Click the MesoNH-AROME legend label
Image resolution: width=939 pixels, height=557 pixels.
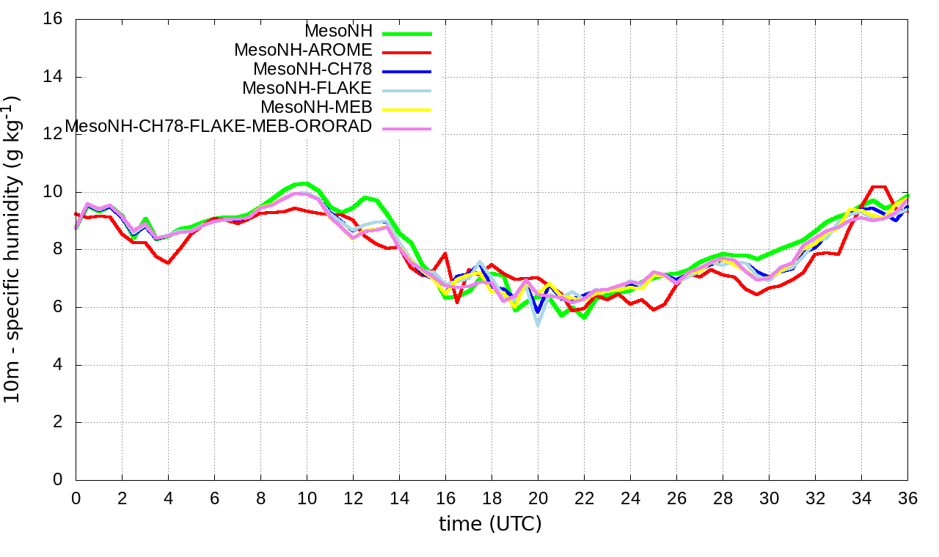[303, 51]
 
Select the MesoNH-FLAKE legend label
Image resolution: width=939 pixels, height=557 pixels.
[307, 89]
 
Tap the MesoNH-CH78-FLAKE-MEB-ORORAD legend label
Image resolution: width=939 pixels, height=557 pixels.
[219, 127]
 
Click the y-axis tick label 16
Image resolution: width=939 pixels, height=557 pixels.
[53, 19]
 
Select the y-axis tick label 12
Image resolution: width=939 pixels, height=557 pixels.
[53, 134]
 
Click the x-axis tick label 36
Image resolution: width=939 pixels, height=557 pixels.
[907, 498]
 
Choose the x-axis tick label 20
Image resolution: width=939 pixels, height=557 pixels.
[538, 498]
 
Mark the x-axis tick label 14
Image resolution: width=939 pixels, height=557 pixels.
[399, 498]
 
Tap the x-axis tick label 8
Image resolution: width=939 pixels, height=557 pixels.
[260, 498]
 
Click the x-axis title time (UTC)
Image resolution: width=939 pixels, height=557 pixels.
[490, 525]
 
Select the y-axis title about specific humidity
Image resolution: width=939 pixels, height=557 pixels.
[18, 249]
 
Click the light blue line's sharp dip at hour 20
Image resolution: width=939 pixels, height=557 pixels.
[538, 322]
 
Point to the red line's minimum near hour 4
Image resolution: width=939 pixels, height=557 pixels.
[168, 262]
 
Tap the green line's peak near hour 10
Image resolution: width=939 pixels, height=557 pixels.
[304, 183]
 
